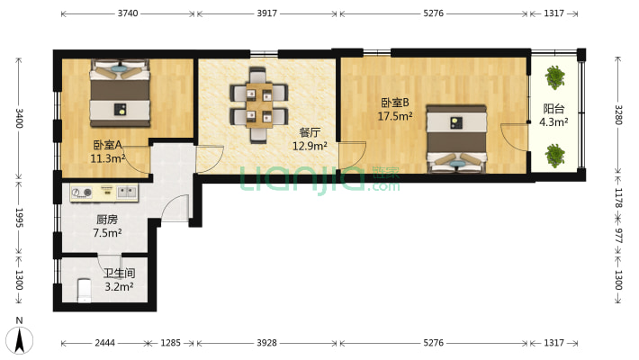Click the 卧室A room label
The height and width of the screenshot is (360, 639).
(108, 145)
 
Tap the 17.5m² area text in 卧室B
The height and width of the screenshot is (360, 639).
(395, 116)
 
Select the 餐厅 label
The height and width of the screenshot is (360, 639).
(310, 132)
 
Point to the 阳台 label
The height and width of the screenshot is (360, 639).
(553, 108)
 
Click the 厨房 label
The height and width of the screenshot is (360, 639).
(107, 220)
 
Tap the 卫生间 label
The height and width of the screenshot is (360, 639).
(120, 273)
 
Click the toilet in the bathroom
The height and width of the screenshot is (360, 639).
(85, 291)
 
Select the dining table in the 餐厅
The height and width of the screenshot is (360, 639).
(259, 104)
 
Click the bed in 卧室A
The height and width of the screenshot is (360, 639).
(120, 94)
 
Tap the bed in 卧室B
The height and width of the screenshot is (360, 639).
(456, 139)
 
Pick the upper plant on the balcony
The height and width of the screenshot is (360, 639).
(555, 77)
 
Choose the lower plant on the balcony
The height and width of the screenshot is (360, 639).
(555, 156)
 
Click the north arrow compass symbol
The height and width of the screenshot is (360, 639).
(19, 340)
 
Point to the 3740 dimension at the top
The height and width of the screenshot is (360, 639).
(128, 13)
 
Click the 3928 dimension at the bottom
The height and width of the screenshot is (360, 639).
(267, 343)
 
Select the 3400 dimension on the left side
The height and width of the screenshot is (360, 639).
(19, 118)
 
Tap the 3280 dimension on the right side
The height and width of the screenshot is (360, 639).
(618, 115)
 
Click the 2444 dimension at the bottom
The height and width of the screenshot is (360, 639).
(104, 343)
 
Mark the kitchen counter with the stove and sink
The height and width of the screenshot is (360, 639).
(104, 193)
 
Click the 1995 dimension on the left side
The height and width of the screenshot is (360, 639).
(19, 218)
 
